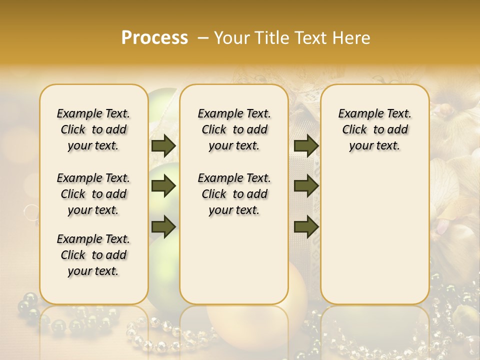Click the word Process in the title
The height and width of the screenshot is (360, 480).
[x=154, y=38]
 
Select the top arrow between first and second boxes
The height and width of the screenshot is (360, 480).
[x=163, y=146]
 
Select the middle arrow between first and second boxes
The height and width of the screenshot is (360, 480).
[x=163, y=186]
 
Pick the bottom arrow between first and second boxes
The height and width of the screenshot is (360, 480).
[x=163, y=226]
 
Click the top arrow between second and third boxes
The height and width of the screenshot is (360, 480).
[x=306, y=146]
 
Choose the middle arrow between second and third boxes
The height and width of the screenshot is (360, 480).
[x=306, y=186]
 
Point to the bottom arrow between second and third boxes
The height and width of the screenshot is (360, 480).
[x=306, y=226]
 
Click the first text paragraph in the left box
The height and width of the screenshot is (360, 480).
[x=93, y=129]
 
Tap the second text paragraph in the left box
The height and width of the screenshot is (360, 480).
[x=93, y=194]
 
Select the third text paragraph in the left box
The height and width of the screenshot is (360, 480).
[x=93, y=255]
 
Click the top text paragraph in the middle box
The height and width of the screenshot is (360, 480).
[x=234, y=129]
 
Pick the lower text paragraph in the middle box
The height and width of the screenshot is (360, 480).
[x=234, y=194]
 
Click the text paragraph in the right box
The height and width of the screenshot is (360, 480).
[x=374, y=129]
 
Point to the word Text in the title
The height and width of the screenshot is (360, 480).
[x=311, y=38]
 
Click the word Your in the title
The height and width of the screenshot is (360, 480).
[x=231, y=38]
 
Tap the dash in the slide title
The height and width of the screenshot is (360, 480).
[x=203, y=38]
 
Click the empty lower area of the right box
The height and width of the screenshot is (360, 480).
[x=374, y=235]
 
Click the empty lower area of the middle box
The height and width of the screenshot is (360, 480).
[x=234, y=260]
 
